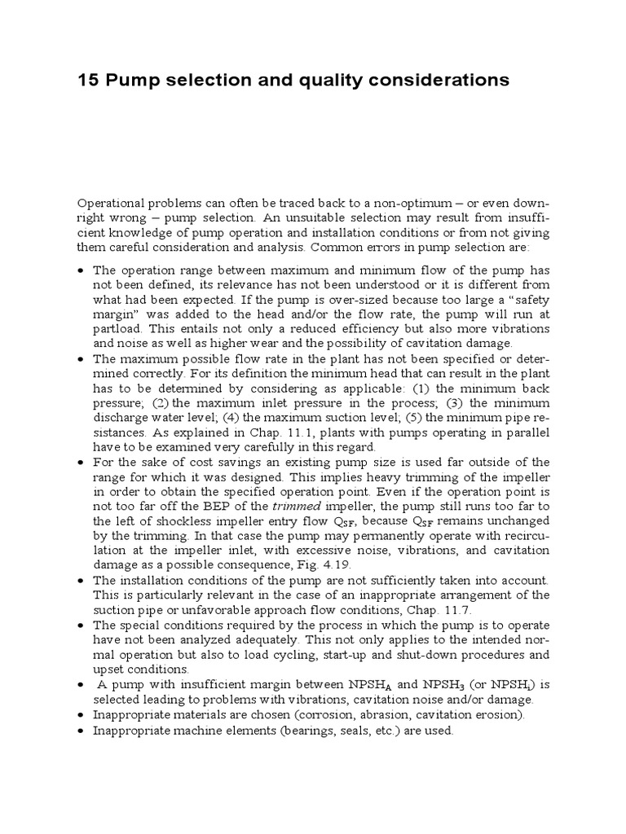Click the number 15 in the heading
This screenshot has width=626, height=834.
pyautogui.click(x=87, y=80)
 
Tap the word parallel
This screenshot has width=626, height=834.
pyautogui.click(x=526, y=431)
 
